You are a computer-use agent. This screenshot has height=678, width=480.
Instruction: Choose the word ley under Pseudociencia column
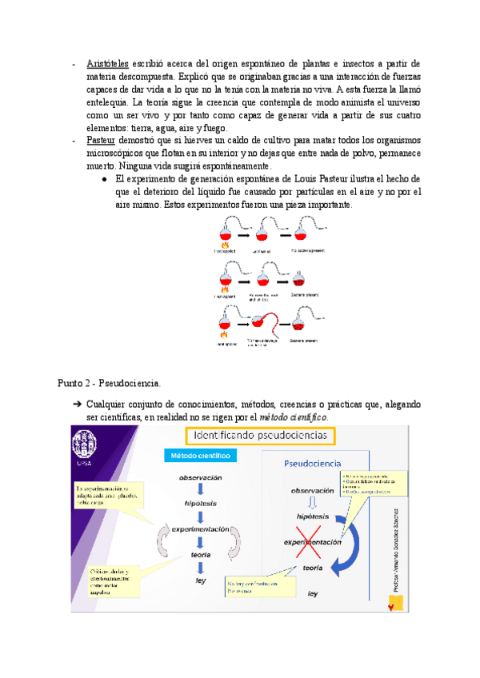coord(313,593)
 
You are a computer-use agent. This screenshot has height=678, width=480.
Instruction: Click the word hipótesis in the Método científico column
coord(201,504)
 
